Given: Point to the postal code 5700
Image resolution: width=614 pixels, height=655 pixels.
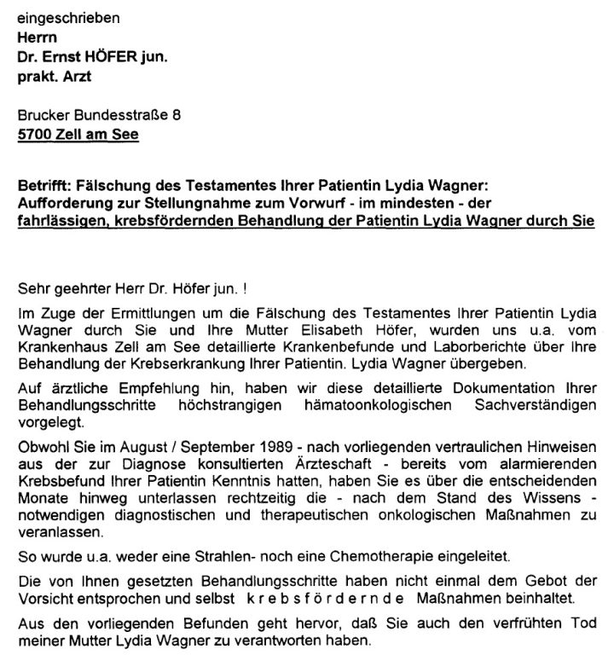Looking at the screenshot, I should (x=33, y=135).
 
